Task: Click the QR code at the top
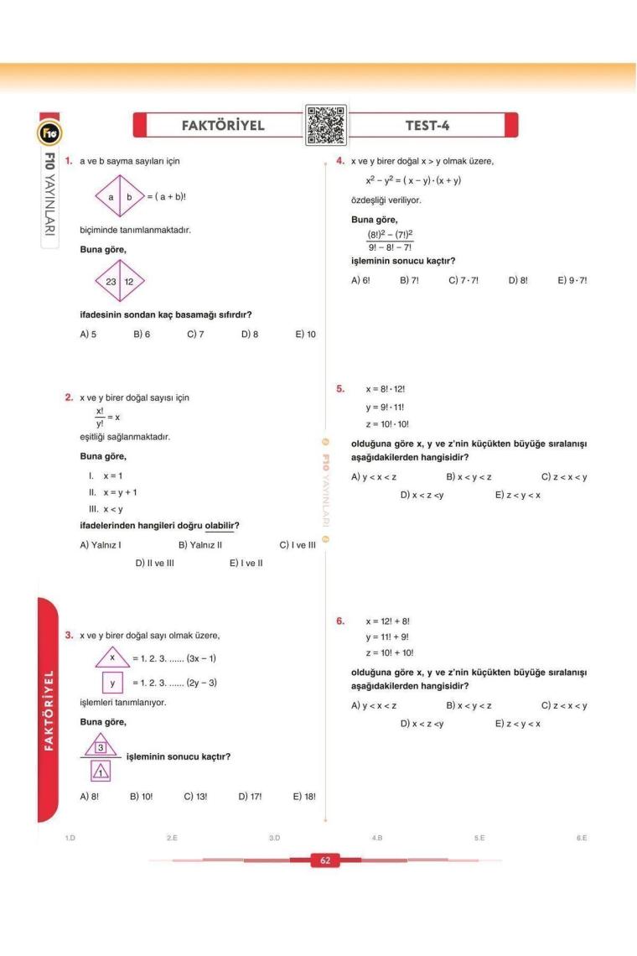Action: (x=325, y=126)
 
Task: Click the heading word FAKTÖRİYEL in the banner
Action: (x=223, y=126)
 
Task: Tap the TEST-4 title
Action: (x=428, y=126)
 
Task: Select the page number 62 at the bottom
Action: (x=318, y=860)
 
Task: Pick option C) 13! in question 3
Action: (x=194, y=796)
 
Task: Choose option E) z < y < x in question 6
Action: (x=518, y=724)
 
